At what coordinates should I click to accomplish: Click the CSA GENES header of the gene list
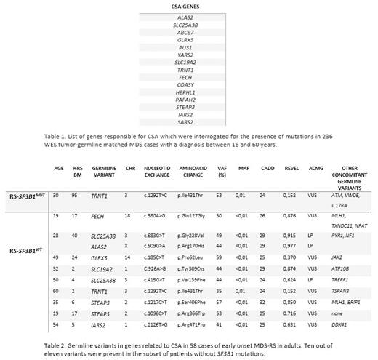[x=190, y=6]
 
